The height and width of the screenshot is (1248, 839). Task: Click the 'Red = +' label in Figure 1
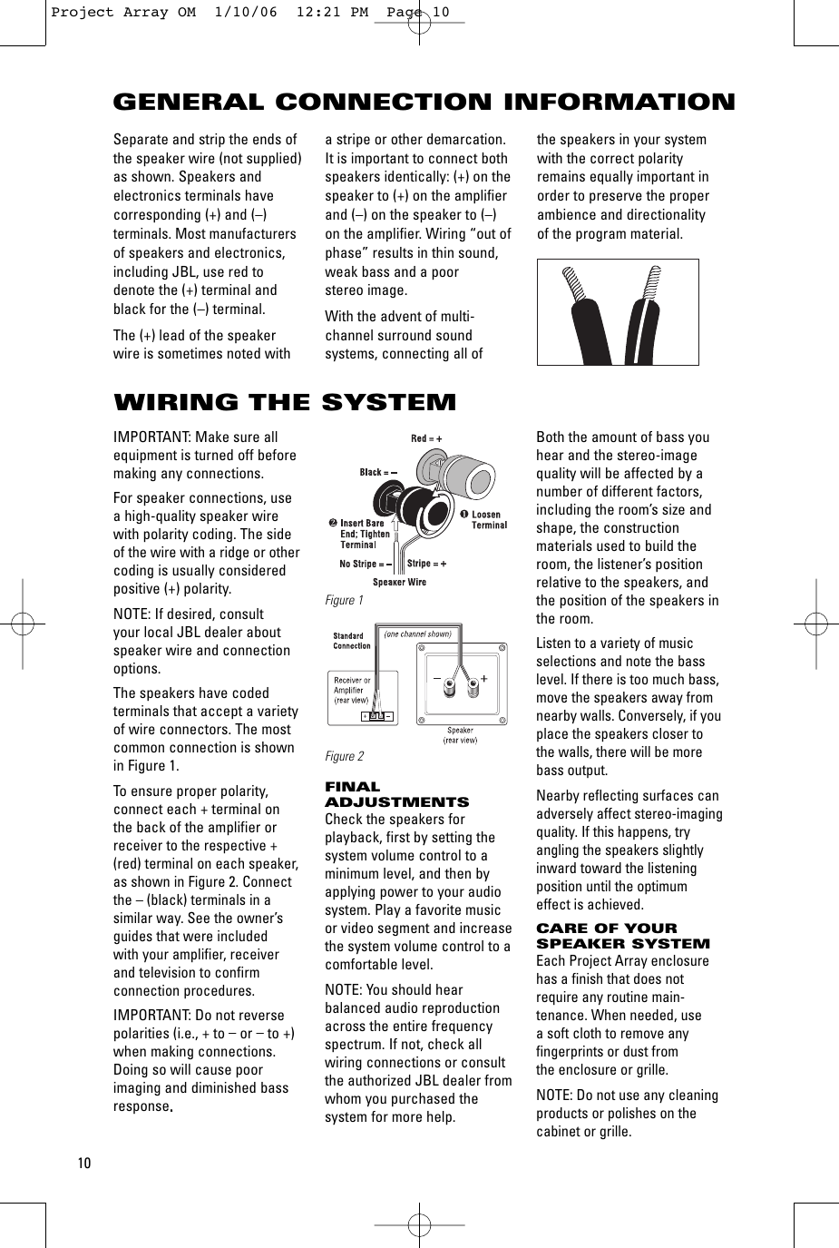tap(426, 438)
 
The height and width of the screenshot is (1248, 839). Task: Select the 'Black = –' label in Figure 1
tap(378, 472)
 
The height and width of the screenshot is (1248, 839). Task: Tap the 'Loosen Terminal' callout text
tap(489, 520)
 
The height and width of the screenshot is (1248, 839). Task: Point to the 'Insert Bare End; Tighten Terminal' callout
tap(362, 534)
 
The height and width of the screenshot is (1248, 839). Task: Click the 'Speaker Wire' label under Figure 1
tap(399, 583)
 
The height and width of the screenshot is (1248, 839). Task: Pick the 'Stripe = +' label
tap(426, 564)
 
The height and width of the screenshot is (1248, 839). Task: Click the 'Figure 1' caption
tap(345, 601)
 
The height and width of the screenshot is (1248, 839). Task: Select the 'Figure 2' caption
tap(345, 757)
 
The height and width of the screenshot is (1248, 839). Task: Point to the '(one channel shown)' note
tap(417, 634)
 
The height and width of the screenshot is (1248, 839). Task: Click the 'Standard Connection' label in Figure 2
tap(352, 641)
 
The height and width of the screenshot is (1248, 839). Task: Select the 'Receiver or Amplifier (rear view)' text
tap(352, 690)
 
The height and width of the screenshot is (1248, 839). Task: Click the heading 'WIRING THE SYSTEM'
tap(285, 402)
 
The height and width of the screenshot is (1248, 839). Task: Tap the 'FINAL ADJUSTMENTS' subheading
tap(396, 794)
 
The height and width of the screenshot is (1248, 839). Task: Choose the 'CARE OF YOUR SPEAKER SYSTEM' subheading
tap(623, 936)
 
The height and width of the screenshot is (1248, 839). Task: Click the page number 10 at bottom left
tap(84, 1164)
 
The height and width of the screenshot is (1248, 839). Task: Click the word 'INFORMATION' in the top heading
tap(619, 102)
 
